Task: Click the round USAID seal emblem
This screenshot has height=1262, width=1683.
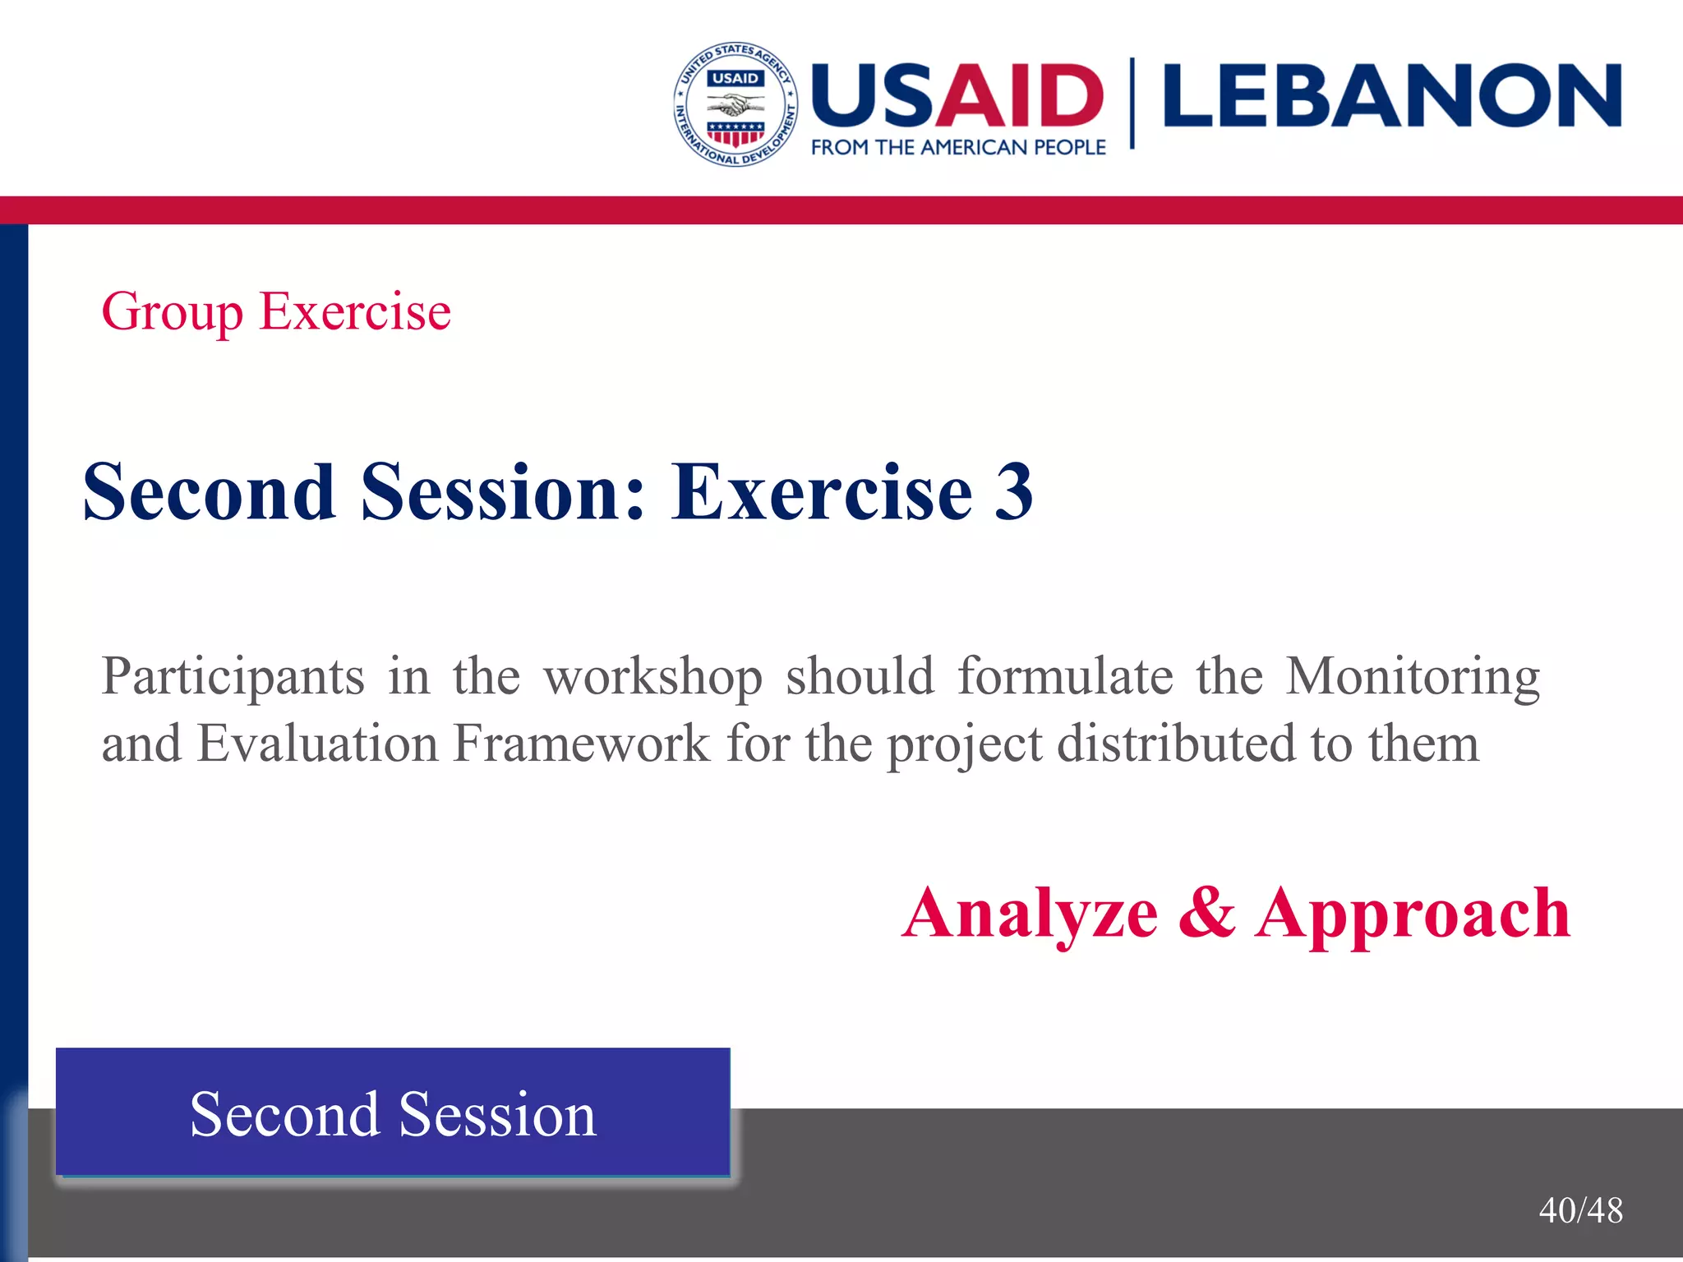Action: coord(735,104)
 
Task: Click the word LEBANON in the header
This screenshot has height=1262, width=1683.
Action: coord(1392,96)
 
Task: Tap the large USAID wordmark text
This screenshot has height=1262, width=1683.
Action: coord(957,96)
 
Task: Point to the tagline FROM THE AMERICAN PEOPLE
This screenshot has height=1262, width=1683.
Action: coord(958,148)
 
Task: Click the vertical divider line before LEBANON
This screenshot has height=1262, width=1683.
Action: coord(1132,103)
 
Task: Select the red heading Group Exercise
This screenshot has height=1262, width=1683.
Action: coord(276,312)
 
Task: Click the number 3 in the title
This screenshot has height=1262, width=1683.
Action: coord(1013,492)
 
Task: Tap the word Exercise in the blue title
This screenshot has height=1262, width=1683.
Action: coord(822,492)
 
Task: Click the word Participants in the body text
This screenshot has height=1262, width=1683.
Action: coord(233,678)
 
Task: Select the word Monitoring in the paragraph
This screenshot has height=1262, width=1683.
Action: coord(1412,678)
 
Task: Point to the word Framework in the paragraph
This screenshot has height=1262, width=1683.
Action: coord(581,744)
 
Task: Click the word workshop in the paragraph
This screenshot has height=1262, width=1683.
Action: coord(653,678)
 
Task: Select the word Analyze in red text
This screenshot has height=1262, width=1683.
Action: coord(1030,914)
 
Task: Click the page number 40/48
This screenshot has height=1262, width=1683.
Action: coord(1580,1210)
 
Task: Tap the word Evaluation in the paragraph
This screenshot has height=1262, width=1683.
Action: coord(317,744)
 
